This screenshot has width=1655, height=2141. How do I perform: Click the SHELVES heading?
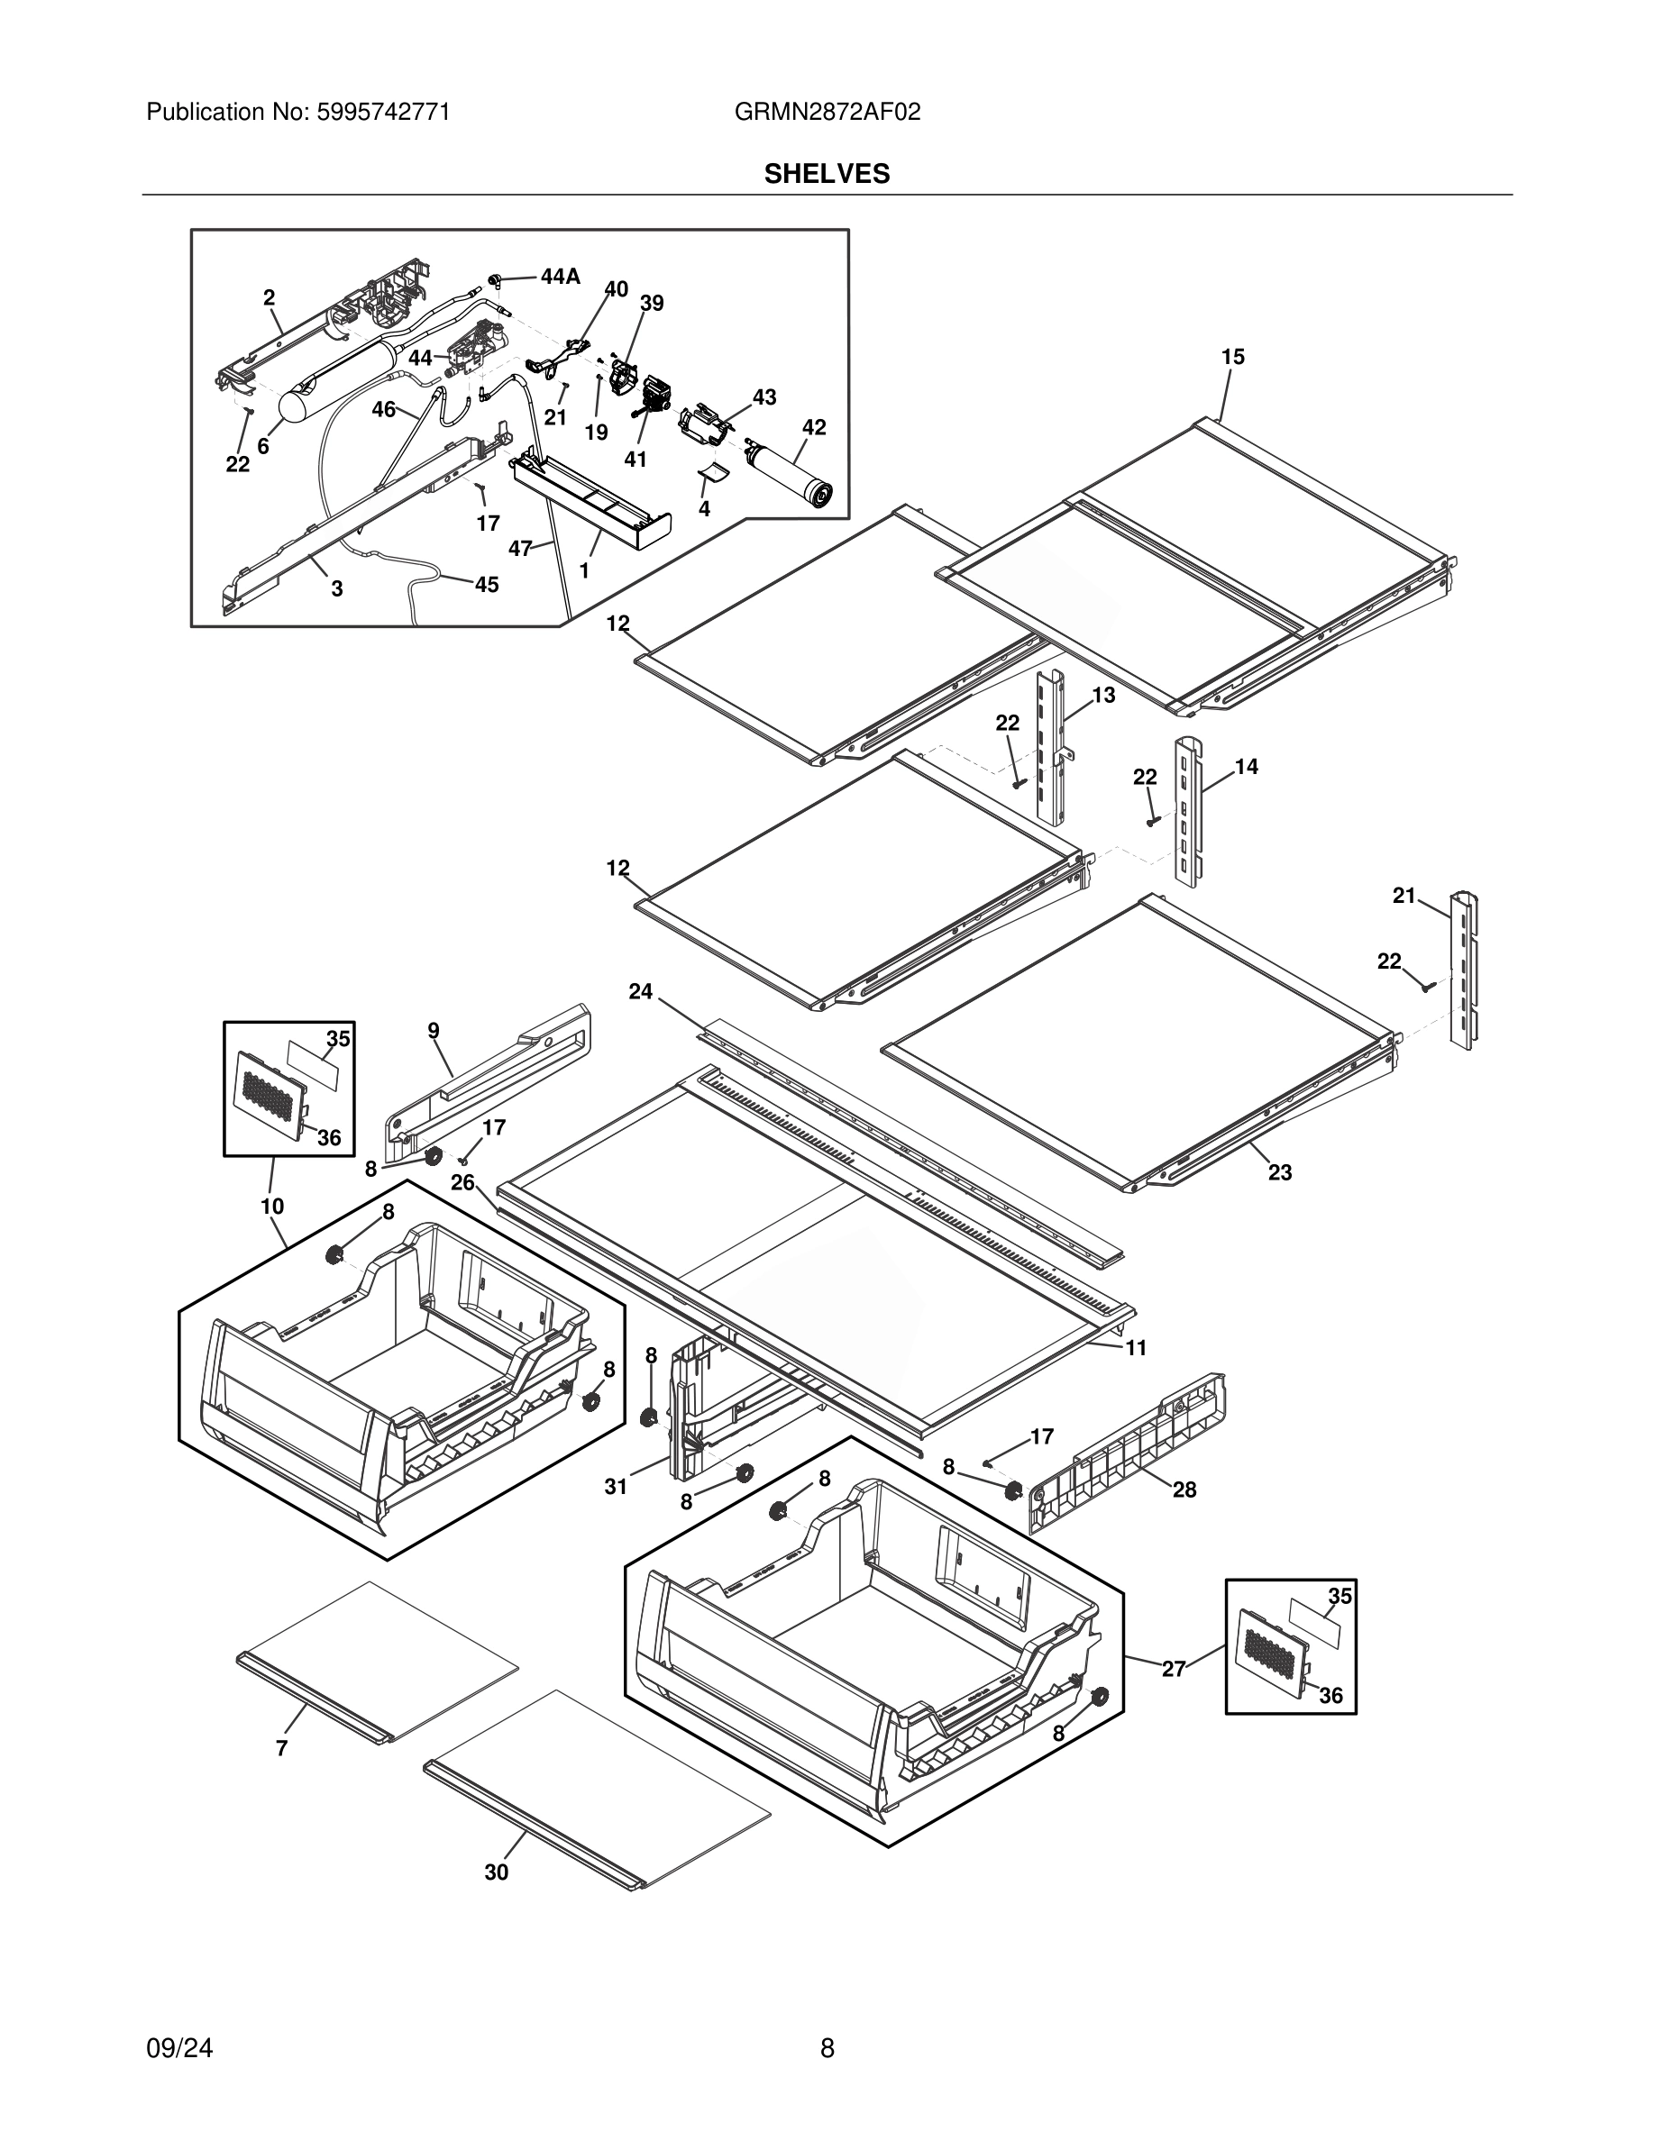point(827,175)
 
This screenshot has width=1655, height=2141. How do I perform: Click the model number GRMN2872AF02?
point(827,113)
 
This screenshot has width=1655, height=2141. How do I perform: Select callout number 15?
point(1232,358)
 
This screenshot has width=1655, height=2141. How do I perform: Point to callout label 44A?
point(560,278)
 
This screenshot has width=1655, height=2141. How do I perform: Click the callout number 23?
point(1279,1172)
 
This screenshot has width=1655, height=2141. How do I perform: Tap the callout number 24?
point(640,992)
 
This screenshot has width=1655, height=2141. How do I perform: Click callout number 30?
point(496,1872)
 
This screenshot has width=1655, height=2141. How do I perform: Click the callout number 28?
point(1184,1490)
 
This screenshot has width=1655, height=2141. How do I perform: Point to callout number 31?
point(615,1487)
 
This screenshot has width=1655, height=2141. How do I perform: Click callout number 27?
point(1174,1668)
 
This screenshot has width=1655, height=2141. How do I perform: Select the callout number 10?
point(271,1207)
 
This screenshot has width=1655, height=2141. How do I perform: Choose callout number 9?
point(434,1030)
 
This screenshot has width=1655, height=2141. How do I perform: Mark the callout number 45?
point(486,585)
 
